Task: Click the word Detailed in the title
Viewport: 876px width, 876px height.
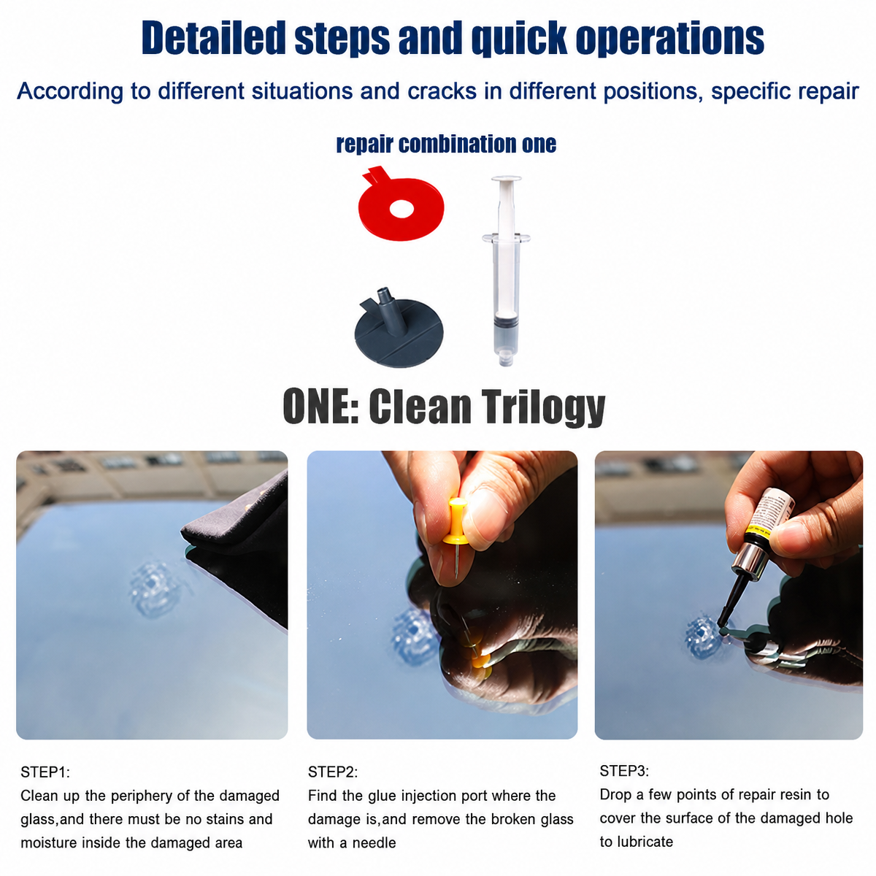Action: click(x=214, y=38)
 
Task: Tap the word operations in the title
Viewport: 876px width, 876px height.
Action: click(x=669, y=39)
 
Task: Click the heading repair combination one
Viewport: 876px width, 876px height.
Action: click(x=446, y=144)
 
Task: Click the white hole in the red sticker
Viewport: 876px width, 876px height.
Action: click(x=401, y=209)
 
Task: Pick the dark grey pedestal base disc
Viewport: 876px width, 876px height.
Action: click(x=399, y=333)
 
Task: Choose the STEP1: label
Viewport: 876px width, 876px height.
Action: click(x=45, y=772)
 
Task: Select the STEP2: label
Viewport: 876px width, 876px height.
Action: click(x=333, y=772)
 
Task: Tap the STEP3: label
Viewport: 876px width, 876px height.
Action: click(x=624, y=771)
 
